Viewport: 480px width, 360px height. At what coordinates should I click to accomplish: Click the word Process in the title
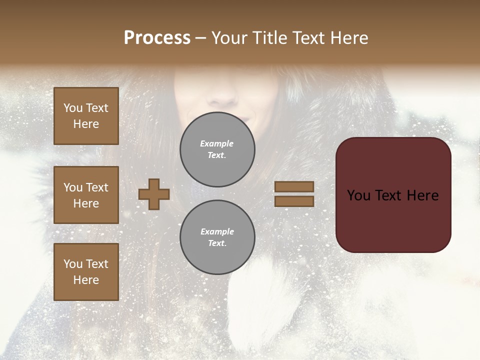[157, 38]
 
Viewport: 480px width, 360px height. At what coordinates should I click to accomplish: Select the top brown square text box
[86, 116]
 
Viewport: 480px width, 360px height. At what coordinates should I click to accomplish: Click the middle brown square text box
[86, 195]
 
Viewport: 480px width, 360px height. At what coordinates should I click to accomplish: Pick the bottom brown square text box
[86, 272]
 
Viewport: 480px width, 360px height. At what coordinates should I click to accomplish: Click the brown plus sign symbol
[154, 194]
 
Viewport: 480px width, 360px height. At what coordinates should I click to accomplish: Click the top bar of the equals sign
[294, 186]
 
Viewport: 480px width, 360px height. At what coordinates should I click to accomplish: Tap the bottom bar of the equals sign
[294, 201]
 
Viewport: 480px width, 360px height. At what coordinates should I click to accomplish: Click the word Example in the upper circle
[217, 143]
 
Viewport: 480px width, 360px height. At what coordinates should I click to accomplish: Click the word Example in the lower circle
[217, 231]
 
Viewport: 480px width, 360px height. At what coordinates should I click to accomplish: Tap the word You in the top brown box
[73, 108]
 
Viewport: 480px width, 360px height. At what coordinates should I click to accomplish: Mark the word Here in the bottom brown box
[86, 280]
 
